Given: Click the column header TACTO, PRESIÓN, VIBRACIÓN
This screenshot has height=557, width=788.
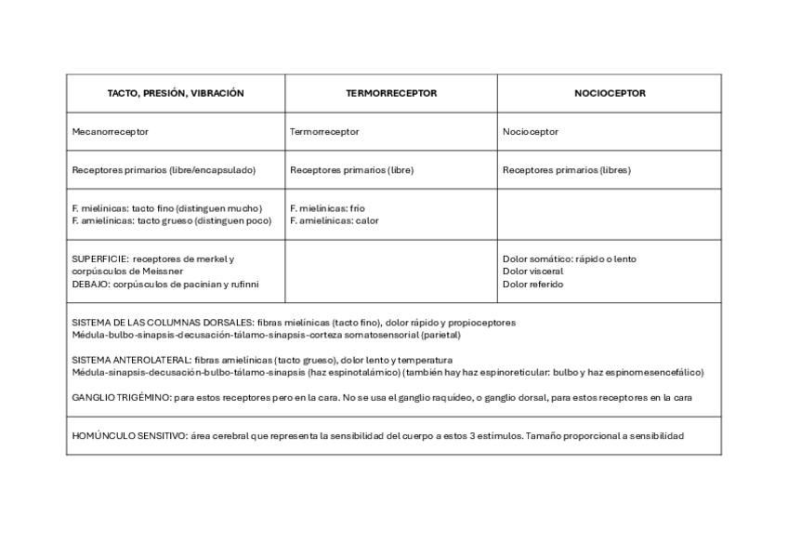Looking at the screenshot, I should pos(175,93).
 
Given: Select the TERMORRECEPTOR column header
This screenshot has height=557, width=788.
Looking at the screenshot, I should pos(391,93).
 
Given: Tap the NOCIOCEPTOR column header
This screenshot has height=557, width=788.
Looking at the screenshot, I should pos(610,93).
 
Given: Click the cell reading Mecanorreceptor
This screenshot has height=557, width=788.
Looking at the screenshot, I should pos(110,132).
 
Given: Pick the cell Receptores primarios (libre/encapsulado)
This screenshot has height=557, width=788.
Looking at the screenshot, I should pos(164,170).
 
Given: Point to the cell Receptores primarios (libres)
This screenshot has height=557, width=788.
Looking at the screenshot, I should pos(566,170).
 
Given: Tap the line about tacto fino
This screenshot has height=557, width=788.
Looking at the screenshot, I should pos(167,208).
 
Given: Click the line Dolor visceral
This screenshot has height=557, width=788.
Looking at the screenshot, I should pos(532,272).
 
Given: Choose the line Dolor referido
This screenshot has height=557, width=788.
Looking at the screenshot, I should pos(532,285).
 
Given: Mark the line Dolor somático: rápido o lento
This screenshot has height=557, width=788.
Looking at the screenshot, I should pos(569,259).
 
